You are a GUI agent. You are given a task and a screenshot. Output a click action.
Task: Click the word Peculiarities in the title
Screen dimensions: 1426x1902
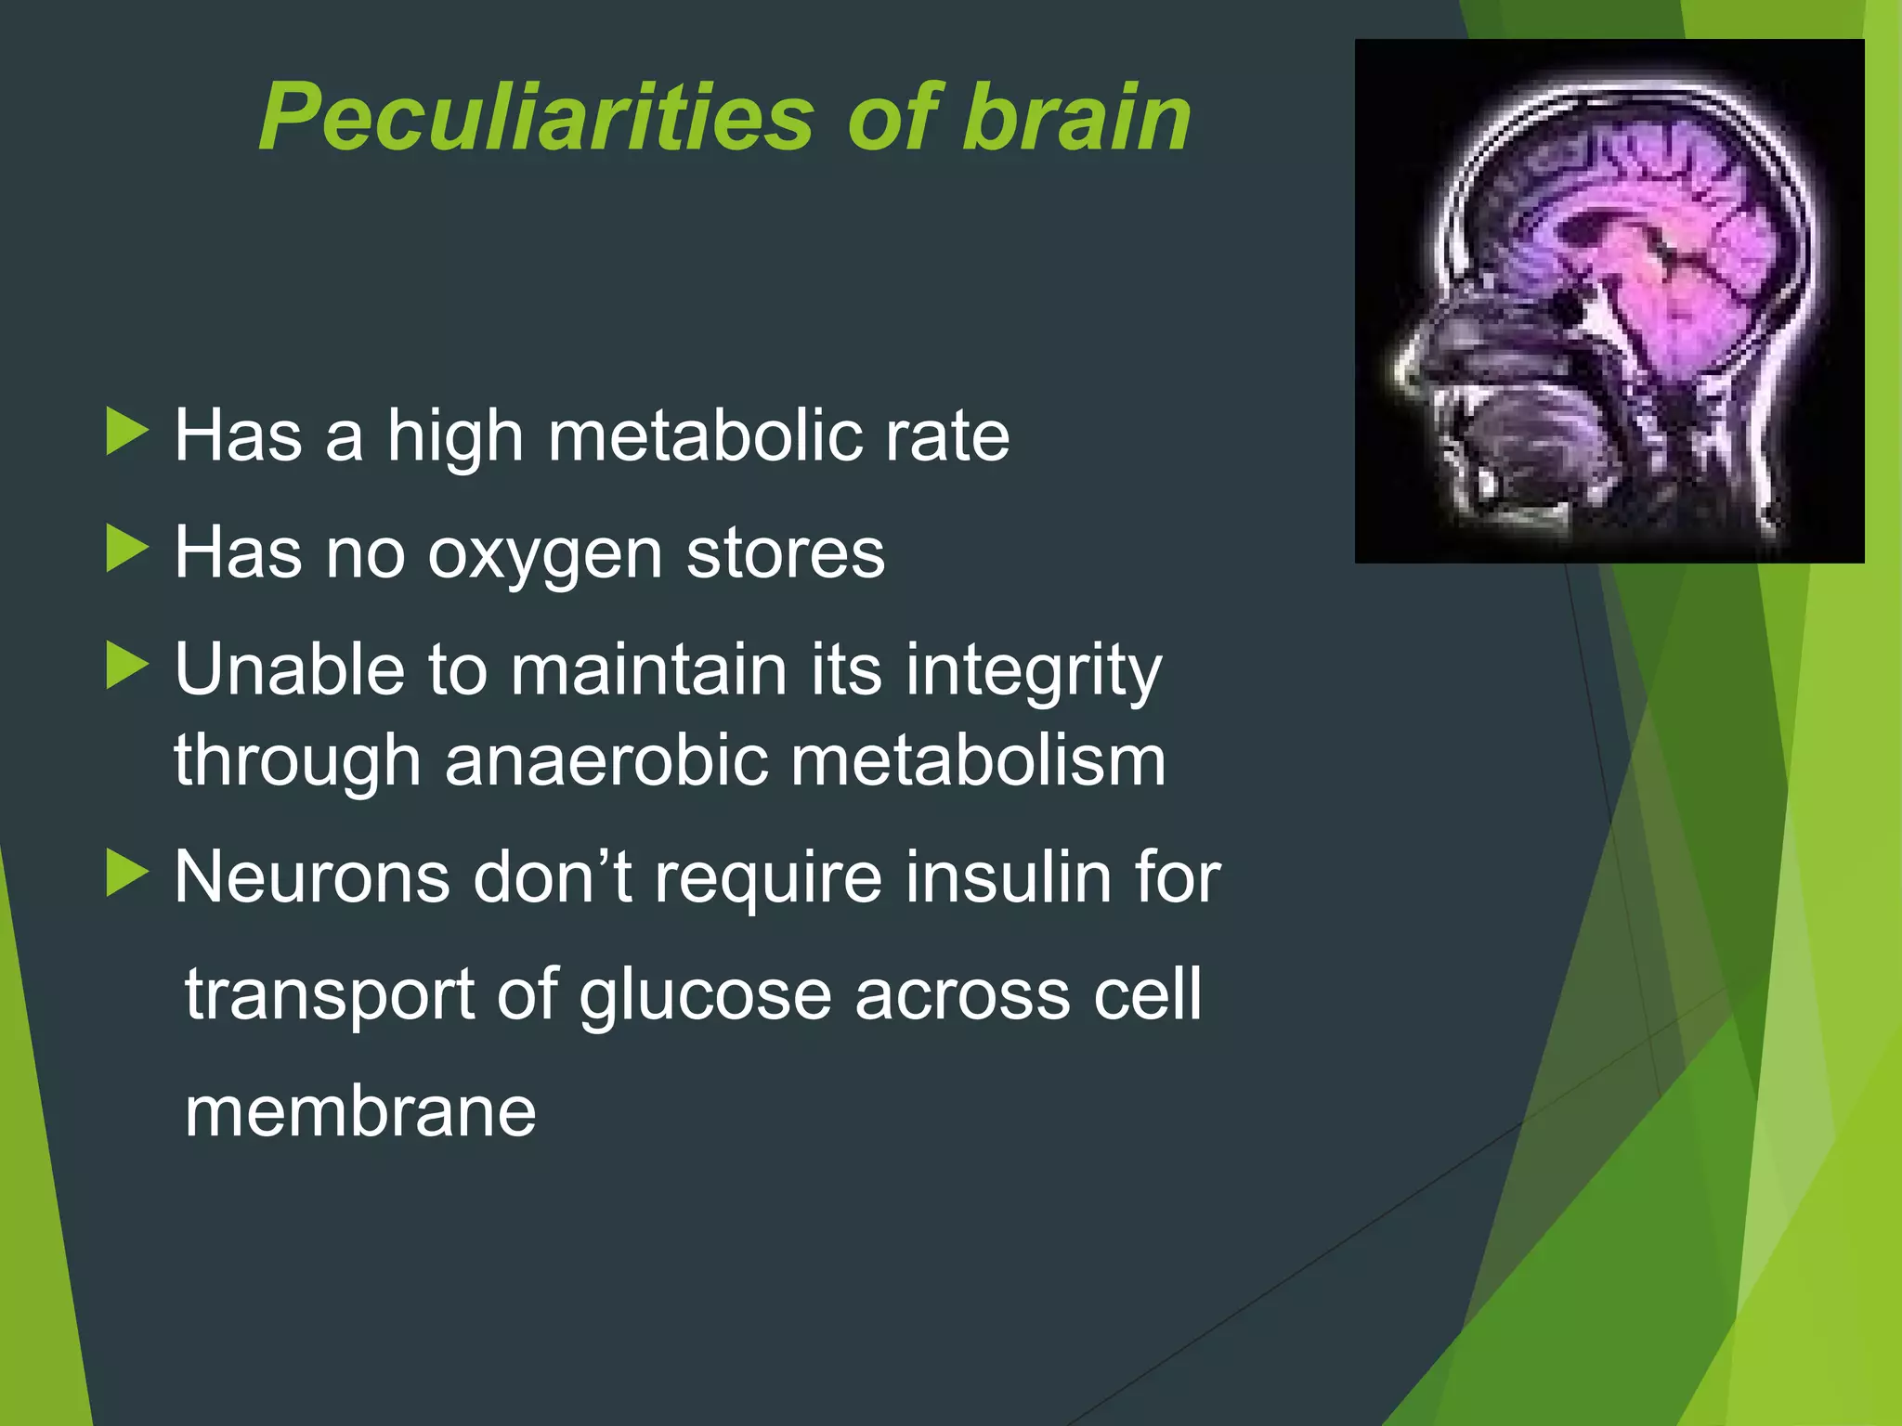536,118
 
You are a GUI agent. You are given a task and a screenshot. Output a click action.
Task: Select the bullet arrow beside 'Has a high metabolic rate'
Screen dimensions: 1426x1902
127,432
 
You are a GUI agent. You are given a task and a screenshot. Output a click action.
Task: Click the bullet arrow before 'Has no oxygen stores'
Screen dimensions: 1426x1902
127,549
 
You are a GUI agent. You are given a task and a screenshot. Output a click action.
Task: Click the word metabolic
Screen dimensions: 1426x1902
704,435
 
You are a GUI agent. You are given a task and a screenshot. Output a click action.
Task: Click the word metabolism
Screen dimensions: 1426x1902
978,760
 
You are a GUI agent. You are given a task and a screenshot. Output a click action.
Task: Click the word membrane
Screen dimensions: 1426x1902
360,1111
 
